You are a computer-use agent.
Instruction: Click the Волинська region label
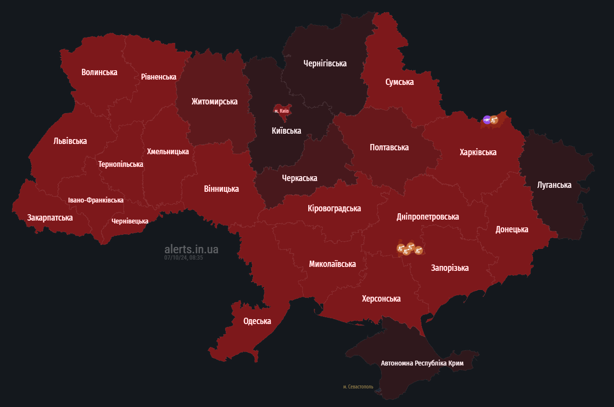99,72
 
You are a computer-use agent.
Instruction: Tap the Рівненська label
158,77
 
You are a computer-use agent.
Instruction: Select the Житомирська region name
215,102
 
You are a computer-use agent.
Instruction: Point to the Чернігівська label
325,63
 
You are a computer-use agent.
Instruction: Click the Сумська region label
399,82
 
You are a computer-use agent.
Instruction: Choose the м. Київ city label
282,111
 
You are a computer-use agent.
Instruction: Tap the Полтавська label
389,147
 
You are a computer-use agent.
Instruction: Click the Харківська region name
478,152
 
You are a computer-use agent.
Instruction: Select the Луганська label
554,185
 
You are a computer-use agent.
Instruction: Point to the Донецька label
512,229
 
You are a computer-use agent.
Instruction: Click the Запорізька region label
450,268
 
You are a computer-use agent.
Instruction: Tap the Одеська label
257,321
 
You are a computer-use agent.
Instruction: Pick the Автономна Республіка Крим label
422,364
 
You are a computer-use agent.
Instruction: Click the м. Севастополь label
358,387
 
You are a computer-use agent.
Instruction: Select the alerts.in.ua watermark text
191,249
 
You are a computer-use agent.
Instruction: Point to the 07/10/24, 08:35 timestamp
183,257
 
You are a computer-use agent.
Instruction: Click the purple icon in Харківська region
487,120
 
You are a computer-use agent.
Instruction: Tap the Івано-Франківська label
96,200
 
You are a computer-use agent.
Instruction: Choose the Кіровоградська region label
335,208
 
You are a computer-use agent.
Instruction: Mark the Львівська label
70,141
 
